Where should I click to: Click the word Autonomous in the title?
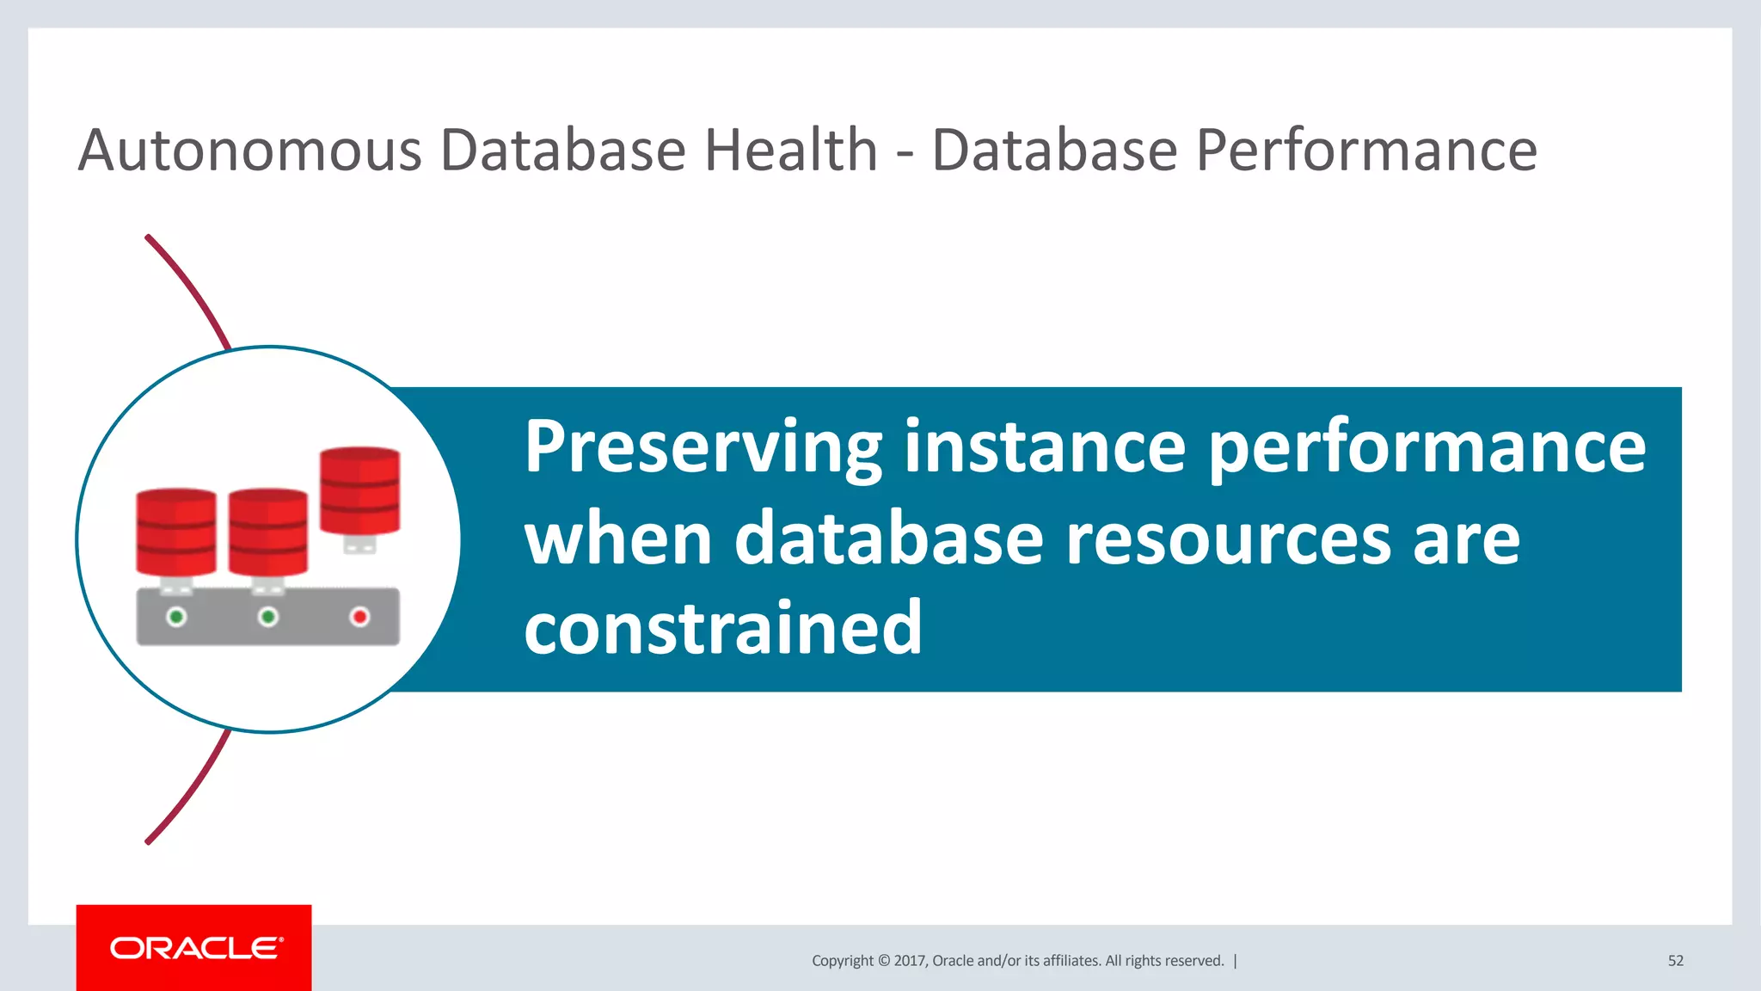point(249,151)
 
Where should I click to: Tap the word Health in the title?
point(790,151)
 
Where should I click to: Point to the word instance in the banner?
point(1045,448)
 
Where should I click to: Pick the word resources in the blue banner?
point(1228,539)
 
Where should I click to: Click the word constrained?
point(722,629)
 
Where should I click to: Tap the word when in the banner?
point(618,539)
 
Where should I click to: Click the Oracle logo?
point(195,948)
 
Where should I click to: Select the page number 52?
point(1675,961)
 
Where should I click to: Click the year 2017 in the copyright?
point(909,961)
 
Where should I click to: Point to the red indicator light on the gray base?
point(359,617)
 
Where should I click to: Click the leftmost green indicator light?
point(176,617)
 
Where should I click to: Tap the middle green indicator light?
point(268,617)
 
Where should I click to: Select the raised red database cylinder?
point(359,490)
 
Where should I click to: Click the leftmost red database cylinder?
point(176,532)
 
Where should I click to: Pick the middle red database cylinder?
point(268,532)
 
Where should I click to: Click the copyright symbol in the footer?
point(883,961)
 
